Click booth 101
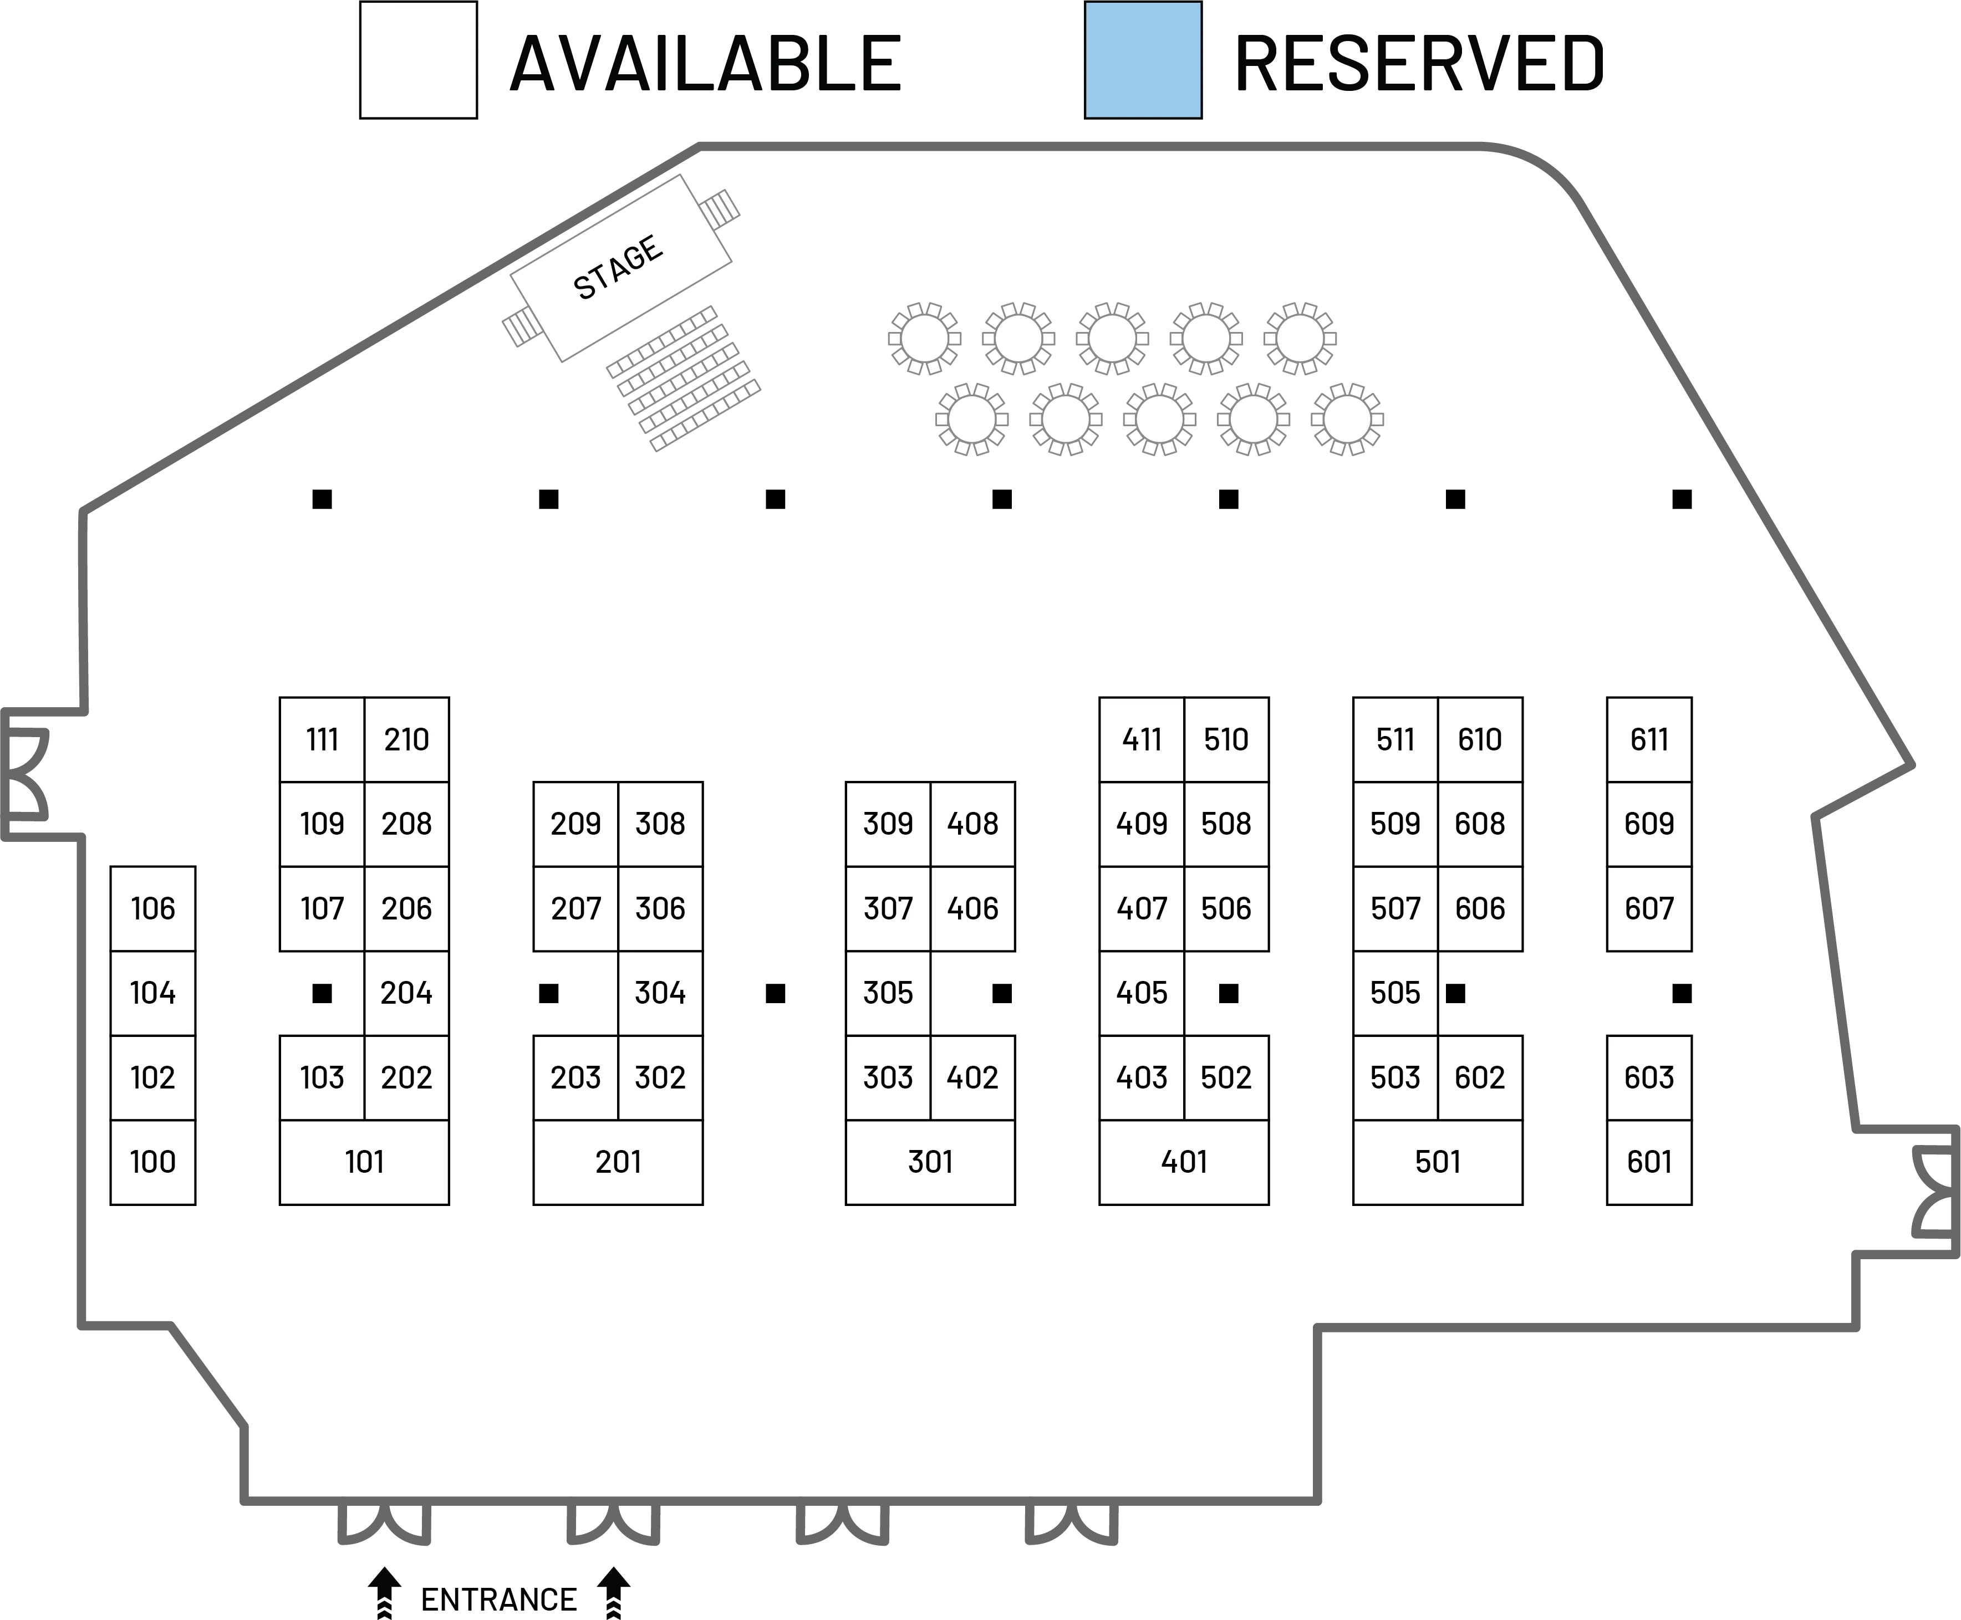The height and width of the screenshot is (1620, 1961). pyautogui.click(x=364, y=1162)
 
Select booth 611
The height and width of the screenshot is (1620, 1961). pyautogui.click(x=1649, y=740)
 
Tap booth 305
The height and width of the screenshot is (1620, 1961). pyautogui.click(x=888, y=993)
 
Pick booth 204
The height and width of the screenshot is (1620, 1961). pyautogui.click(x=406, y=993)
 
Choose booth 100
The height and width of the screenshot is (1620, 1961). pyautogui.click(x=153, y=1162)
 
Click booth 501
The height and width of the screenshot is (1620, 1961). pyautogui.click(x=1438, y=1162)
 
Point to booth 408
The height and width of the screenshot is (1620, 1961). pyautogui.click(x=972, y=824)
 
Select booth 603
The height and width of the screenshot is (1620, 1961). pyautogui.click(x=1649, y=1078)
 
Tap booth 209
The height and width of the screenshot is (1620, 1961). pyautogui.click(x=576, y=824)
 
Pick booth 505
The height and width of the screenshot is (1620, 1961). pyautogui.click(x=1395, y=993)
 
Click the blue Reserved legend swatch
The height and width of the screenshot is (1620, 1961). pyautogui.click(x=1143, y=60)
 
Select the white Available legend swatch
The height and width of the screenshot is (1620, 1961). pyautogui.click(x=417, y=60)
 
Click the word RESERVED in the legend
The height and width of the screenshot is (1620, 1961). pyautogui.click(x=1420, y=63)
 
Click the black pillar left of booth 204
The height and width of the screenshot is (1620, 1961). pyautogui.click(x=321, y=994)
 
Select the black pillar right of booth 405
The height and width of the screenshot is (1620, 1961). pyautogui.click(x=1228, y=994)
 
